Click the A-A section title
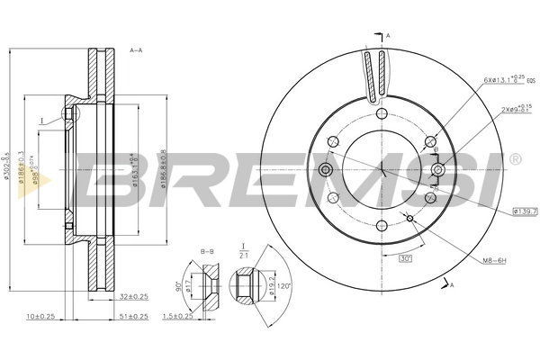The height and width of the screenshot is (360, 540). tap(138, 50)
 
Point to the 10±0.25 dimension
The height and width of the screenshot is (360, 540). tap(41, 316)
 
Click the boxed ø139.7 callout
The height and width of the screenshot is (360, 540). tap(525, 211)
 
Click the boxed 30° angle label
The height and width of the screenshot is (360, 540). tap(405, 258)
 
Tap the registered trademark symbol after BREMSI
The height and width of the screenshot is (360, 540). tap(514, 159)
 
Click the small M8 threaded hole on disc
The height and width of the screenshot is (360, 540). tap(410, 219)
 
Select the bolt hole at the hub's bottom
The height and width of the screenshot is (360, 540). tap(381, 226)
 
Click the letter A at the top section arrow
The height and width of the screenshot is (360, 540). tap(388, 34)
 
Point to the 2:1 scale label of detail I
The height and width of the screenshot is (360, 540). tap(243, 254)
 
